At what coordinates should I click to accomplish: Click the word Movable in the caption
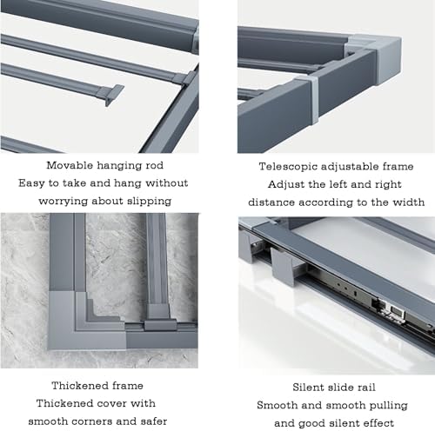point(70,165)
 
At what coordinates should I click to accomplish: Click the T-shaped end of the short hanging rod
point(112,94)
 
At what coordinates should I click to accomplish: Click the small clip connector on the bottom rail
point(160,325)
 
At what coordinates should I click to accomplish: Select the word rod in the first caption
point(157,165)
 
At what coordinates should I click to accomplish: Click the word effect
point(380,423)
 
